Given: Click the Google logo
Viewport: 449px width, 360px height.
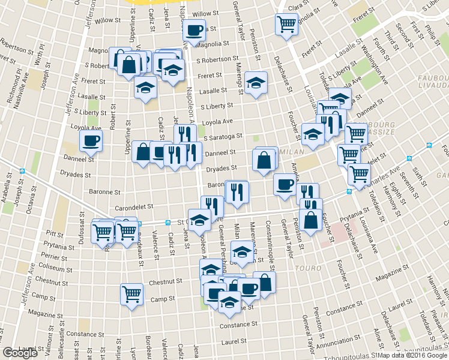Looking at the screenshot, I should click(x=20, y=353).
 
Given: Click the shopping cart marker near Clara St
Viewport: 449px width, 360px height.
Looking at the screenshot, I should click(x=286, y=24).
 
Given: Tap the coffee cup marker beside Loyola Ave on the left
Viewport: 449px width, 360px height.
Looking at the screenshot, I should click(x=91, y=140).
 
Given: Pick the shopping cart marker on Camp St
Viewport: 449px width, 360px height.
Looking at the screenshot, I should click(x=131, y=294).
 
